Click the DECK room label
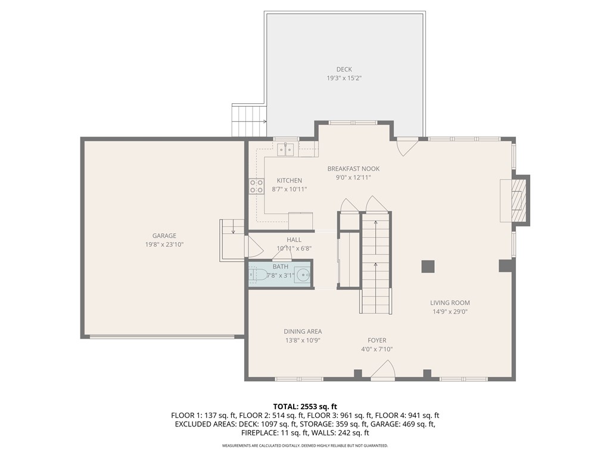344,70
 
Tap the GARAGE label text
164,236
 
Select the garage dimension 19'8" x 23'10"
164,245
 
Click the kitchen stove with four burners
257,186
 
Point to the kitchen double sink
285,148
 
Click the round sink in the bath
303,276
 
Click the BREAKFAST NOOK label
353,169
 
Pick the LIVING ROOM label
450,302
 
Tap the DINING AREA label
303,332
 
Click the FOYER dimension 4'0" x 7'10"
376,349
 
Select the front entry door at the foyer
382,372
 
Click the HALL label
294,240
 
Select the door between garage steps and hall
253,246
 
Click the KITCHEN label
290,181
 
